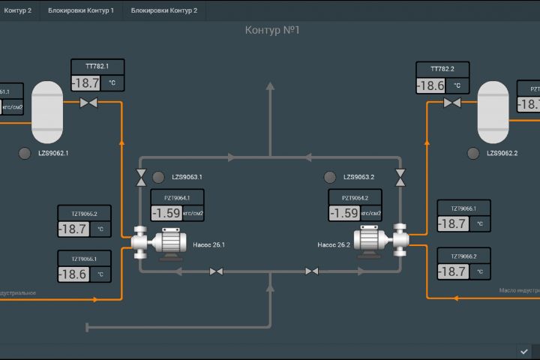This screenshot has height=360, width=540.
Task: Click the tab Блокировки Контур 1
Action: pyautogui.click(x=81, y=10)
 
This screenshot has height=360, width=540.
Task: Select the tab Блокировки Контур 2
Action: pyautogui.click(x=164, y=10)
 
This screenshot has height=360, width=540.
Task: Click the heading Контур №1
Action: pyautogui.click(x=272, y=30)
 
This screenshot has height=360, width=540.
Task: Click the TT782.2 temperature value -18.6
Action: pyautogui.click(x=431, y=85)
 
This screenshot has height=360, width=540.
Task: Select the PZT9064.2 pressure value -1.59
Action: pyautogui.click(x=344, y=213)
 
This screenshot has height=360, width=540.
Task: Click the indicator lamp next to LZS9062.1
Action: pyautogui.click(x=25, y=153)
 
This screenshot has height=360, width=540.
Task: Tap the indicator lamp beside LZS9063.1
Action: pyautogui.click(x=158, y=178)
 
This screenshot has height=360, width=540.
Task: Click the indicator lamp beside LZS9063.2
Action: pyautogui.click(x=329, y=178)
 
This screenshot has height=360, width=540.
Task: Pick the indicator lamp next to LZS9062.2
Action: pyautogui.click(x=473, y=153)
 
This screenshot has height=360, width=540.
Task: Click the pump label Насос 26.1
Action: pyautogui.click(x=208, y=244)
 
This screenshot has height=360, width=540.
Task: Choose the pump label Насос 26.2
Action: pyautogui.click(x=334, y=244)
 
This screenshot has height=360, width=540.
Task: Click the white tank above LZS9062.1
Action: pyautogui.click(x=47, y=112)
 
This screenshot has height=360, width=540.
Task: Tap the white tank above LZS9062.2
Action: pyautogui.click(x=493, y=112)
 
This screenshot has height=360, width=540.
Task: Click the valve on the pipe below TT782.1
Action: pyautogui.click(x=88, y=103)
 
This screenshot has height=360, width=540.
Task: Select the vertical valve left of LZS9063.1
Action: pyautogui.click(x=140, y=178)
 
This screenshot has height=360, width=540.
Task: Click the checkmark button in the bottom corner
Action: pyautogui.click(x=524, y=351)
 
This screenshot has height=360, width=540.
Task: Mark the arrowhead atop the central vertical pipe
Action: pyautogui.click(x=271, y=87)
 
